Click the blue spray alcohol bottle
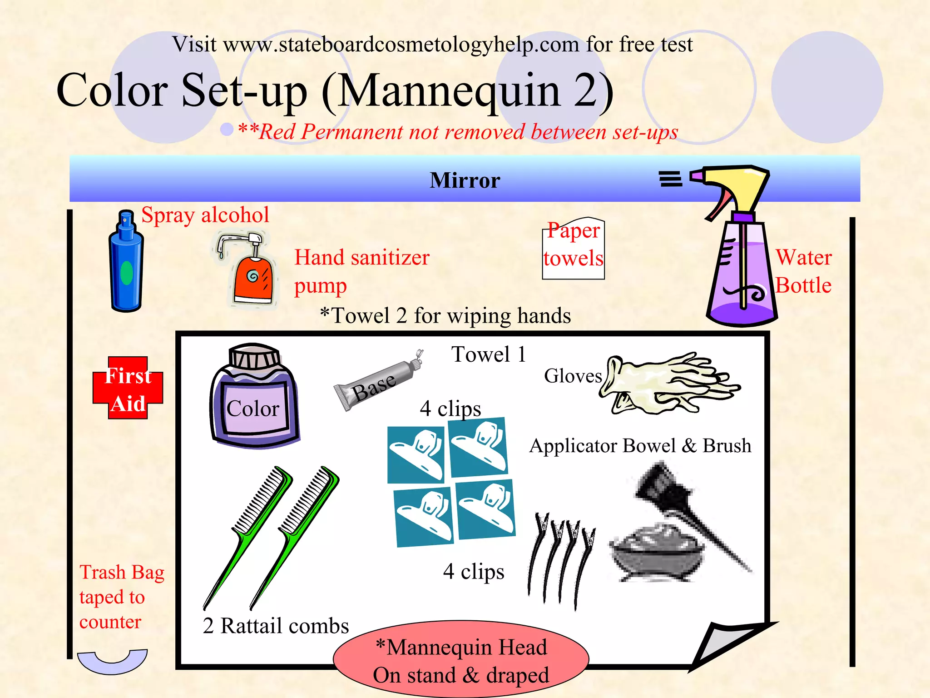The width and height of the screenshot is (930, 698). click(126, 264)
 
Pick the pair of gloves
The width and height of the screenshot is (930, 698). click(668, 384)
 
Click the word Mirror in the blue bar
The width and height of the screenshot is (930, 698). click(465, 180)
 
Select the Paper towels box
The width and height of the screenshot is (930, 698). click(573, 249)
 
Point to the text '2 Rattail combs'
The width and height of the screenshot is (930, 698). click(276, 626)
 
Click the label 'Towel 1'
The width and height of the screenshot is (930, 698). click(489, 354)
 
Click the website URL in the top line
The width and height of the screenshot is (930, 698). click(401, 45)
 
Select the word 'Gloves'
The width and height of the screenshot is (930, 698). click(573, 376)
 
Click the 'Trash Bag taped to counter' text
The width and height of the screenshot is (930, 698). click(121, 597)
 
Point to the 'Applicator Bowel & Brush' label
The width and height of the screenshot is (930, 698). click(640, 446)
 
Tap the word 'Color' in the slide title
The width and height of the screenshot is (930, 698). click(112, 90)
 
